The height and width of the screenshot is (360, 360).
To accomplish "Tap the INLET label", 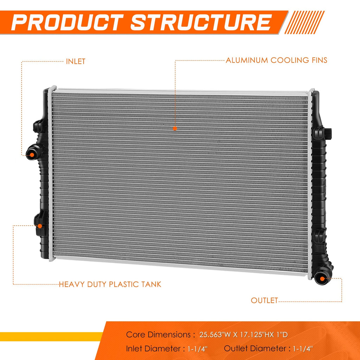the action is point(76,61).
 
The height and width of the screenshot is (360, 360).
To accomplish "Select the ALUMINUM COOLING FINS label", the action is point(276,60).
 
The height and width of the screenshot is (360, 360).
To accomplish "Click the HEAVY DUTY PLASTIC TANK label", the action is point(110,284).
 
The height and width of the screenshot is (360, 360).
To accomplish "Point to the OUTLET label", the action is point(264,300).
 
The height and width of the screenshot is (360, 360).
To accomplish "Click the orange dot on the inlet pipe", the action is point(32,155).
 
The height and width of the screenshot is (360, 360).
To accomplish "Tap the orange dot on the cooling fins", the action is point(175,129).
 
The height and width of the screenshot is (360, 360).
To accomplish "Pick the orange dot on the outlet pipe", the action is point(322,279).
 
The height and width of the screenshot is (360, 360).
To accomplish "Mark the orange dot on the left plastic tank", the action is point(40,226).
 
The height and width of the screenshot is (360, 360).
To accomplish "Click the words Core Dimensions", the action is point(158,335).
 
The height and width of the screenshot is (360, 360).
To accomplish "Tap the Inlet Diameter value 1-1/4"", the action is point(198,349).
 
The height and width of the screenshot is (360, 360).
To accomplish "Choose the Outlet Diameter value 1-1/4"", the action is point(303,349).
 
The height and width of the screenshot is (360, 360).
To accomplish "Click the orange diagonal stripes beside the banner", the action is point(304,22).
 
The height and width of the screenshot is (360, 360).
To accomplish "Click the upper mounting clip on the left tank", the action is point(39,126).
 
